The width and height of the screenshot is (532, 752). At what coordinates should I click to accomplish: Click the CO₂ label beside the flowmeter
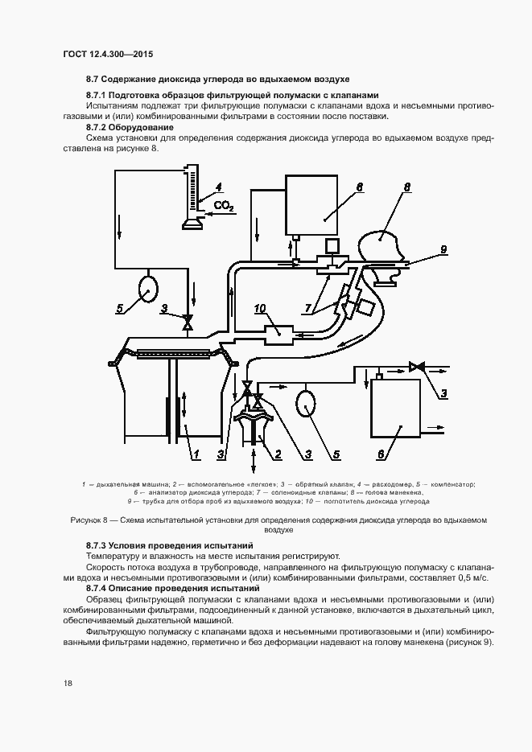click(x=224, y=208)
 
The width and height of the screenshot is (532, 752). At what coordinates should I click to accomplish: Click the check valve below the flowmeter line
click(x=188, y=323)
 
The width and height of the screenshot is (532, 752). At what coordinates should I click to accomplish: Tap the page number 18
click(x=68, y=682)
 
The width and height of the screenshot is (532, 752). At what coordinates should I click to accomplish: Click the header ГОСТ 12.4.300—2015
click(x=108, y=54)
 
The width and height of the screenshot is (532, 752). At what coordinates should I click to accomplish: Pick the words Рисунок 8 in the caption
click(x=94, y=520)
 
